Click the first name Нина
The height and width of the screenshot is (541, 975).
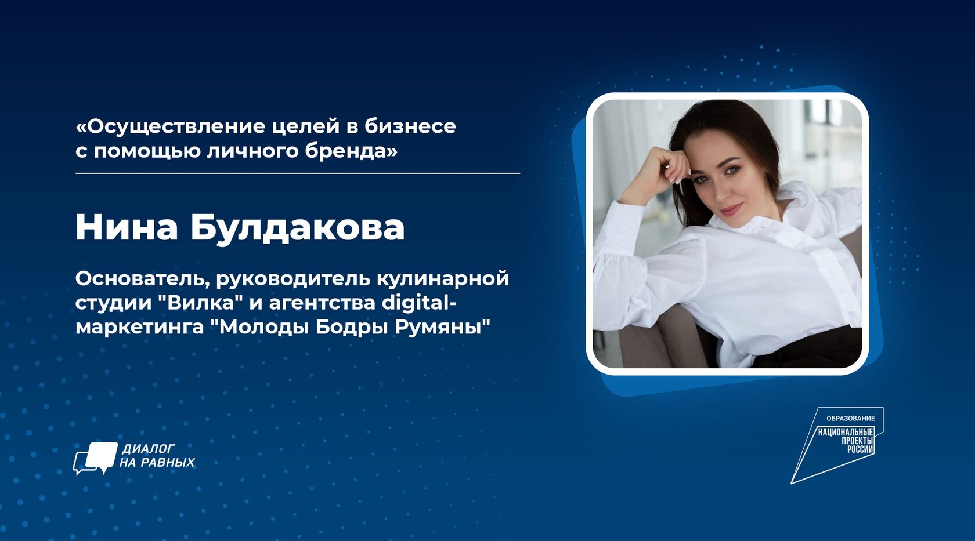[x=127, y=227]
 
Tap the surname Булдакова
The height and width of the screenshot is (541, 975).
[x=298, y=227]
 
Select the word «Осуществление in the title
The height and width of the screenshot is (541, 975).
[x=170, y=126]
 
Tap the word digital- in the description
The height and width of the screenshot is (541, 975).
[x=419, y=303]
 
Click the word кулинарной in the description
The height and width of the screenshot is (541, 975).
[x=443, y=279]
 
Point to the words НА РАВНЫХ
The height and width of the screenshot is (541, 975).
[x=157, y=462]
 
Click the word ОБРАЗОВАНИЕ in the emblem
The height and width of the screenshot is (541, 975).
[x=851, y=419]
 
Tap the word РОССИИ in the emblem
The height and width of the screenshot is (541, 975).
[x=860, y=450]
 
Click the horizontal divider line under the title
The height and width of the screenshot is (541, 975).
[x=298, y=173]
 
